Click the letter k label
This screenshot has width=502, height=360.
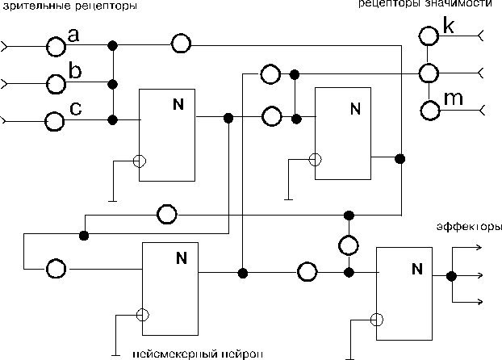(449, 25)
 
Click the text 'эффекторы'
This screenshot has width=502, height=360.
(469, 227)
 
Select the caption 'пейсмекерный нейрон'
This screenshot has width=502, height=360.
(198, 354)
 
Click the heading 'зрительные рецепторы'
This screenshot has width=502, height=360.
(69, 6)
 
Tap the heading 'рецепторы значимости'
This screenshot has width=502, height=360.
(425, 3)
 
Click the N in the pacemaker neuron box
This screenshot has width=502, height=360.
(182, 257)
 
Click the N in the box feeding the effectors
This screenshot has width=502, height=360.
(417, 269)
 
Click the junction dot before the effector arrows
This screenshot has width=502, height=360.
(451, 276)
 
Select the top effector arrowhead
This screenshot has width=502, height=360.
(479, 247)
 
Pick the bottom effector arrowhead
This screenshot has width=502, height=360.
(479, 301)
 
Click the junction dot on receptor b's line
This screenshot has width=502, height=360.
(112, 84)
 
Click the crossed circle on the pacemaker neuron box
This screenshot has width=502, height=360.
(143, 315)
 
